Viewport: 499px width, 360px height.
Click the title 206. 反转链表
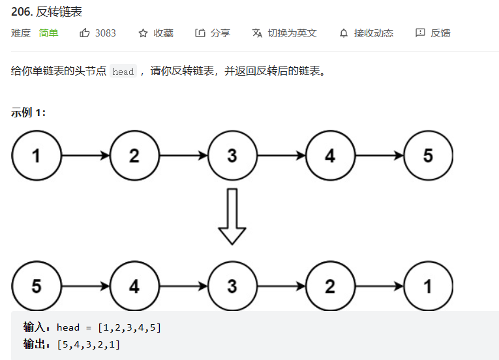coord(46,12)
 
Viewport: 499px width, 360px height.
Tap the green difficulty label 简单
coord(48,33)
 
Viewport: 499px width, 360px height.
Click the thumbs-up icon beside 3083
coord(85,33)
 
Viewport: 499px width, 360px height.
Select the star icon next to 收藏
coord(143,33)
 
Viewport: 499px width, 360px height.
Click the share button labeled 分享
coord(213,33)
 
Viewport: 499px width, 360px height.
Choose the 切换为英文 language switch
coord(284,33)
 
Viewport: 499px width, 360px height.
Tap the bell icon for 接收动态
coord(344,33)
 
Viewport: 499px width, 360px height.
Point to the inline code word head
coord(123,72)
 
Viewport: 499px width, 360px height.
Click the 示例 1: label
coord(28,112)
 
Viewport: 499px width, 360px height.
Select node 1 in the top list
coord(36,156)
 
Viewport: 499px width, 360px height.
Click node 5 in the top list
coord(428,156)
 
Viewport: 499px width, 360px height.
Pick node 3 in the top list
coord(232,156)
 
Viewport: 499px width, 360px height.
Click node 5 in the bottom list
coord(36,286)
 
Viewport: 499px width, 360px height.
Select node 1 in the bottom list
coord(428,286)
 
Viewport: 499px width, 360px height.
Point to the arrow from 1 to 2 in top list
coord(85,156)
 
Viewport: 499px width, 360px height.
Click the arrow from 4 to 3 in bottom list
coord(183,286)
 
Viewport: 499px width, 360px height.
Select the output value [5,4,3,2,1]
coord(89,344)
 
